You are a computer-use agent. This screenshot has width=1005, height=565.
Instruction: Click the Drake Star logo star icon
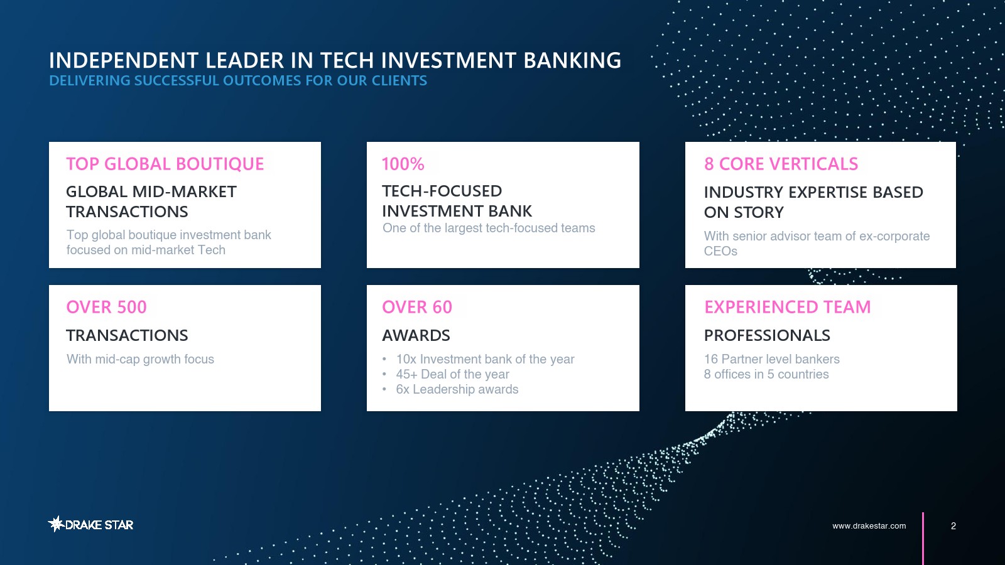pos(56,524)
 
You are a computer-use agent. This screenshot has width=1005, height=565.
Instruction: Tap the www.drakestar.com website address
pos(869,525)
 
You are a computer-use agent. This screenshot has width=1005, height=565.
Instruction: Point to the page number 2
pos(953,525)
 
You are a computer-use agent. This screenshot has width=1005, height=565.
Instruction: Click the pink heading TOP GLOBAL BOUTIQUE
pos(165,164)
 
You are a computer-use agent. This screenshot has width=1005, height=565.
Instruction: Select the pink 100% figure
pos(403,164)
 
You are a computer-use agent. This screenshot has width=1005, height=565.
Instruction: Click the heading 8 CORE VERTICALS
pos(781,164)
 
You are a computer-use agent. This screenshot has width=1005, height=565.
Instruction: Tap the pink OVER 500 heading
pos(106,307)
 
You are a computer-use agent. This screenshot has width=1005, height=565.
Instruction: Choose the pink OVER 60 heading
pos(417,307)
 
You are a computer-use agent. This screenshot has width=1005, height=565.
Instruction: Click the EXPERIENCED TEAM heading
pos(788,307)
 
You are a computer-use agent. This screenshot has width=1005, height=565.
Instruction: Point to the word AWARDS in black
pos(416,335)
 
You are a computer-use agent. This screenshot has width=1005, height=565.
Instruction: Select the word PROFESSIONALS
pos(767,335)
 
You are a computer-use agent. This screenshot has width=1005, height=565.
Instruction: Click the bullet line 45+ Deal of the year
pos(452,374)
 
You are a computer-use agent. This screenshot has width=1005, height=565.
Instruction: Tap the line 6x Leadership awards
pos(457,389)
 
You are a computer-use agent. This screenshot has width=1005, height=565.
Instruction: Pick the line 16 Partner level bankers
pos(772,359)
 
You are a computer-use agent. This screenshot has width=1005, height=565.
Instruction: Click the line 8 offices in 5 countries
pos(766,374)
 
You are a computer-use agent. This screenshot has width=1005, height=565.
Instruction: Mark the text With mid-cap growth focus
pos(140,359)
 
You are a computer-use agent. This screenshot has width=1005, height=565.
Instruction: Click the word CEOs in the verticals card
pos(720,251)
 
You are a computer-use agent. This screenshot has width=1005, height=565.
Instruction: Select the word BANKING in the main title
pos(572,60)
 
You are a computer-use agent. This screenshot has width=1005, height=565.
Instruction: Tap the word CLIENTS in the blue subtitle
pos(399,81)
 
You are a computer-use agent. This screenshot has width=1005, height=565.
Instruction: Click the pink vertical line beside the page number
pos(923,539)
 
